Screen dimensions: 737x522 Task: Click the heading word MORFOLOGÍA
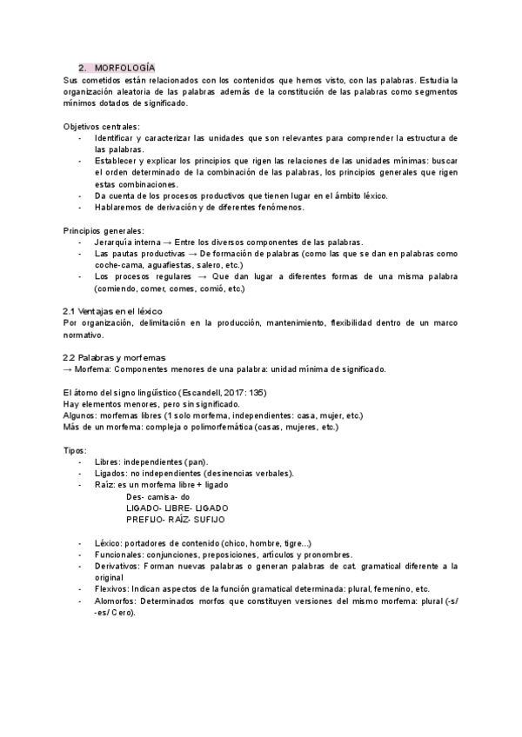124,67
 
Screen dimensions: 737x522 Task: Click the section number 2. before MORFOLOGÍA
82,67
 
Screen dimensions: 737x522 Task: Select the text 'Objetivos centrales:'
101,127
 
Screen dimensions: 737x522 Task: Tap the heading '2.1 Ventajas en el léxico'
113,311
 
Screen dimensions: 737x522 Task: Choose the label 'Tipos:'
75,450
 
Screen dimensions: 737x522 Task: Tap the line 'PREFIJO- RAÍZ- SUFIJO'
175,519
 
